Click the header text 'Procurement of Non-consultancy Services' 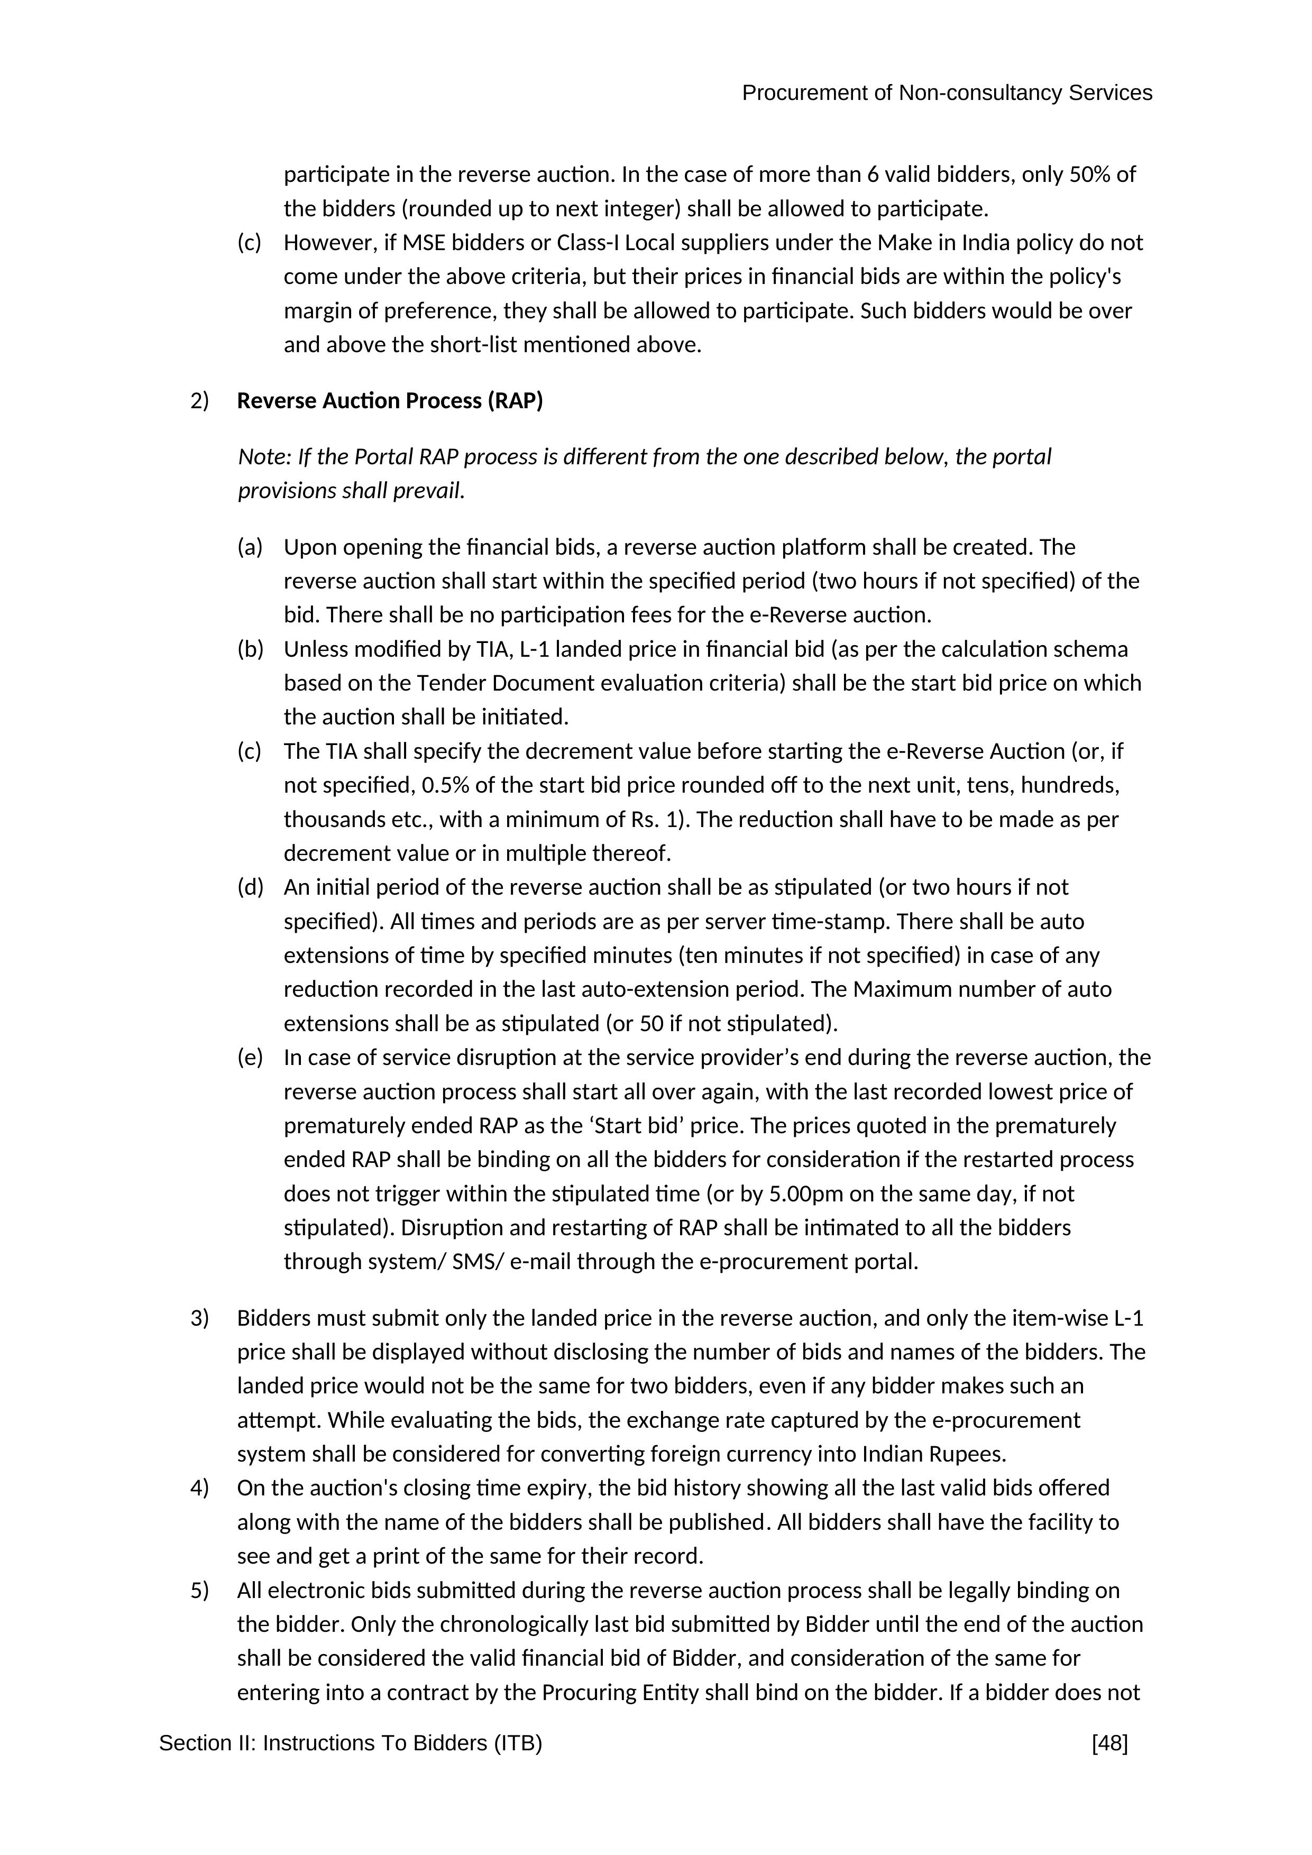946,94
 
